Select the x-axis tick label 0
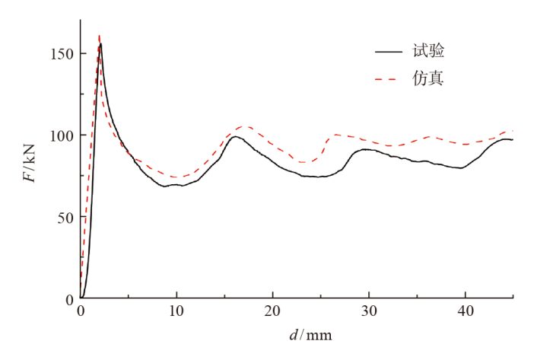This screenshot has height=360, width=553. (x=80, y=311)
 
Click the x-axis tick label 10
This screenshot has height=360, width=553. (x=176, y=311)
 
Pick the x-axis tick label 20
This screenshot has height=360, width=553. (x=272, y=311)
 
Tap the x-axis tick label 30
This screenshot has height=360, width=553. (x=368, y=311)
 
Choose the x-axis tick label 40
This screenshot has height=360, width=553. (x=465, y=311)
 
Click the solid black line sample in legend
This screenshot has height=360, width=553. (x=389, y=52)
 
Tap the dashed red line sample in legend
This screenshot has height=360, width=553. (x=389, y=78)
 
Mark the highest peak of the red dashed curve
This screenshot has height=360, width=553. (x=99, y=35)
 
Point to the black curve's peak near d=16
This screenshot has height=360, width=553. (x=235, y=137)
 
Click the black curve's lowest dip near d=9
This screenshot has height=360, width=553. (x=164, y=186)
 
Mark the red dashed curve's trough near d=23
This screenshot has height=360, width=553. (x=305, y=162)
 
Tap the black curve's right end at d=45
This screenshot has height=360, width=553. (x=513, y=139)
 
